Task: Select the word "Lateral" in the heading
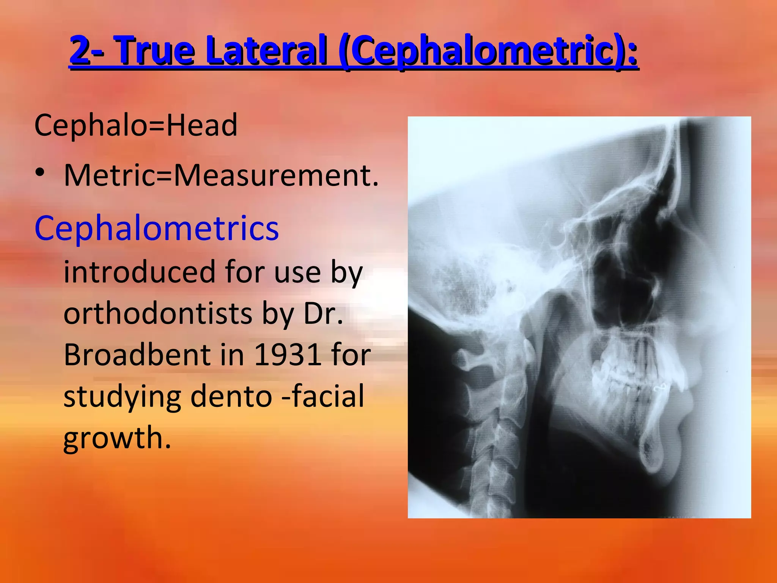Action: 266,50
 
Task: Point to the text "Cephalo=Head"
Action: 136,125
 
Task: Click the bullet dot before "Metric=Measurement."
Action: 40,173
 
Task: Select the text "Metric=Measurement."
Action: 221,175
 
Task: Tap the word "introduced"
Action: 140,272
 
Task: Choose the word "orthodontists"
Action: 158,314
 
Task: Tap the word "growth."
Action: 117,438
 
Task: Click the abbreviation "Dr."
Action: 323,314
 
